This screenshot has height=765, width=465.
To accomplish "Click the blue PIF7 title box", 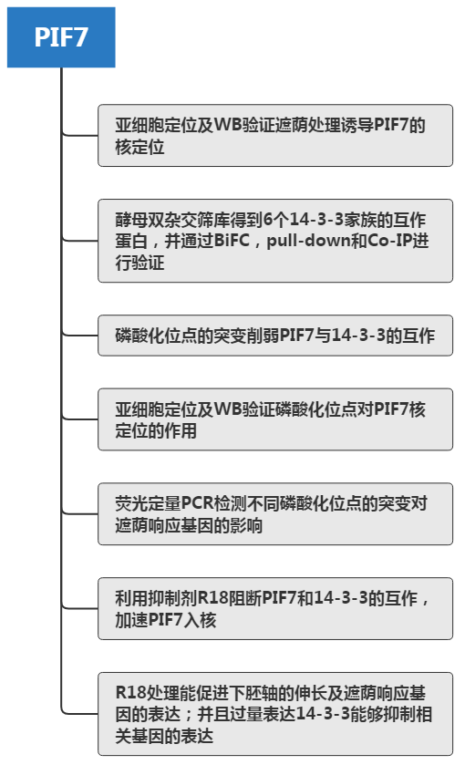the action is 61,37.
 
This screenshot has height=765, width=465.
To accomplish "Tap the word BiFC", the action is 232,241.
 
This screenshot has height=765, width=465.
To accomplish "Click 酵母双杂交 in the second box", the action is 156,220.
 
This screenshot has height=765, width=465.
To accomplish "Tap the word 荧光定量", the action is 148,503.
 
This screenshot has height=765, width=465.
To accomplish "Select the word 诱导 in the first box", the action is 357,125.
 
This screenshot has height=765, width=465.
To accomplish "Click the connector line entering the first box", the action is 80,135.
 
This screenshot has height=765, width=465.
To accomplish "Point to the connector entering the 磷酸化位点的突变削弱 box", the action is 80,336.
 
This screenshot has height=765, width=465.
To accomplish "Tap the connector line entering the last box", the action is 80,714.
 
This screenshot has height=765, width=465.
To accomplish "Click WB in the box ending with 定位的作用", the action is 228,408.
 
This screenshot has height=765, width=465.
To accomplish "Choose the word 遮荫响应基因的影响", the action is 189,525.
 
